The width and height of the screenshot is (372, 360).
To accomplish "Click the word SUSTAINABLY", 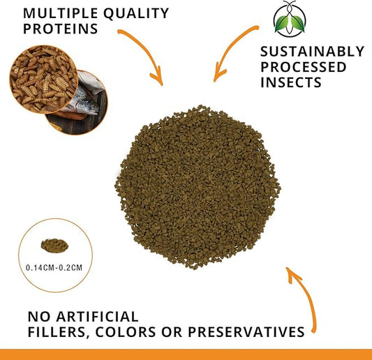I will (x=312, y=52).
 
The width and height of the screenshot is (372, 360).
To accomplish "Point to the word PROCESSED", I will (x=303, y=67).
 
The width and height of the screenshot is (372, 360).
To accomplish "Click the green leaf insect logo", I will (x=284, y=20).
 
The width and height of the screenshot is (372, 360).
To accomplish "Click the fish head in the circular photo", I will (x=84, y=100).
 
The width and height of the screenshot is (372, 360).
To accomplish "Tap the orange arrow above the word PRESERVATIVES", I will (x=302, y=293).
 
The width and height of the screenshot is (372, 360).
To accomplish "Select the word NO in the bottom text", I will (x=38, y=317).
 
